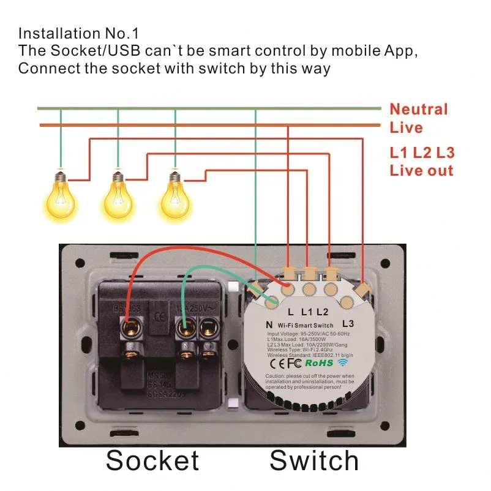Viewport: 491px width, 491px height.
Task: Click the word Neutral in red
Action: coord(419,110)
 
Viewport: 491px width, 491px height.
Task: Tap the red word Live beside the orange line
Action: coord(406,128)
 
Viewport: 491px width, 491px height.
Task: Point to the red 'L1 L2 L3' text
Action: coord(422,153)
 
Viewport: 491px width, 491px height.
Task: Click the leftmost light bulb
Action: coord(60,194)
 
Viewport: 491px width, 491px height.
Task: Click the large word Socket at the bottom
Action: coord(152,460)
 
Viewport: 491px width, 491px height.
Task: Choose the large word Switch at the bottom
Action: coord(314,460)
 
